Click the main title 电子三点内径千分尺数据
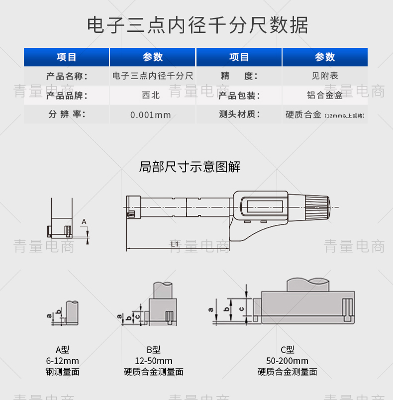[x=197, y=25]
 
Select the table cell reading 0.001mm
[x=150, y=115]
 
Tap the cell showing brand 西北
[x=151, y=95]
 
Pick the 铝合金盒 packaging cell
[x=325, y=95]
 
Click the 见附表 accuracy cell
[x=325, y=76]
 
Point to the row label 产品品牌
[x=67, y=96]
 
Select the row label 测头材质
[x=239, y=114]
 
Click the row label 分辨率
[x=67, y=114]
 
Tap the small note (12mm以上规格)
[x=344, y=116]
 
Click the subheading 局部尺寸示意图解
[x=190, y=167]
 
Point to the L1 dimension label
[x=175, y=244]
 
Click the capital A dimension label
[x=84, y=222]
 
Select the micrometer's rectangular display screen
[x=265, y=206]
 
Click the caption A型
[x=63, y=349]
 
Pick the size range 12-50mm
[x=154, y=361]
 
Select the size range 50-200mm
[x=287, y=361]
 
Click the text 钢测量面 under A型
[x=63, y=372]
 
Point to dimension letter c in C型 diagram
[x=241, y=309]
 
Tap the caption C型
[x=288, y=349]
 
